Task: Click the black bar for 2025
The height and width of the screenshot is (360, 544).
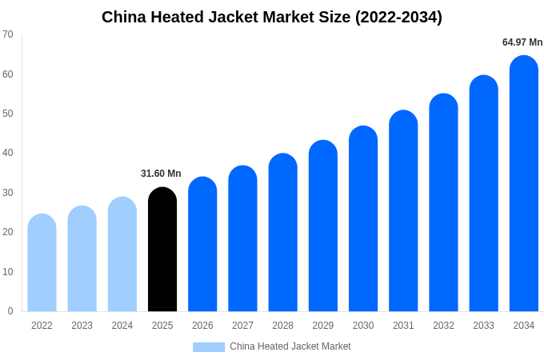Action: [162, 250]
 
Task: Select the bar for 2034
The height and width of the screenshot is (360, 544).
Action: [523, 184]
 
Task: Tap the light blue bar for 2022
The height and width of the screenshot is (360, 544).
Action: [42, 263]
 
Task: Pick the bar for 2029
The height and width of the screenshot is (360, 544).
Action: [323, 226]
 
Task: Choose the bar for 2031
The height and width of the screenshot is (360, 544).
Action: [403, 211]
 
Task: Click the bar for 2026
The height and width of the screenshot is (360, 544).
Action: [202, 245]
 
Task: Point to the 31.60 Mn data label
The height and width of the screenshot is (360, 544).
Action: [161, 174]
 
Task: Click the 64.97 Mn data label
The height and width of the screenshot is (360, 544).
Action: [522, 42]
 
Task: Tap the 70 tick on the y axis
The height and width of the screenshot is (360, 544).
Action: [8, 34]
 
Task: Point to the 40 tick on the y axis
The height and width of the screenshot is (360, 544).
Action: [8, 153]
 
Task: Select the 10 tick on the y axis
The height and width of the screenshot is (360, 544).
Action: [8, 271]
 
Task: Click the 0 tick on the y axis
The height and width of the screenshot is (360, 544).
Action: [10, 311]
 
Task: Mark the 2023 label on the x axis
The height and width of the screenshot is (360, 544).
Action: [82, 326]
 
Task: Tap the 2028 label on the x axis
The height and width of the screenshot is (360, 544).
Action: [282, 326]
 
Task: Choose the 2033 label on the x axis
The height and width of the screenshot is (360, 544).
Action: [483, 326]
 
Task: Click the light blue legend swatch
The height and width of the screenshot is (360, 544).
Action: [209, 346]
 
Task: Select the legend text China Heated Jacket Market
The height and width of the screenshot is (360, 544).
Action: [290, 346]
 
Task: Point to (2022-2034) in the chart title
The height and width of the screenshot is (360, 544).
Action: [398, 17]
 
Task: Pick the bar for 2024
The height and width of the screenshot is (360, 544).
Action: [122, 254]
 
